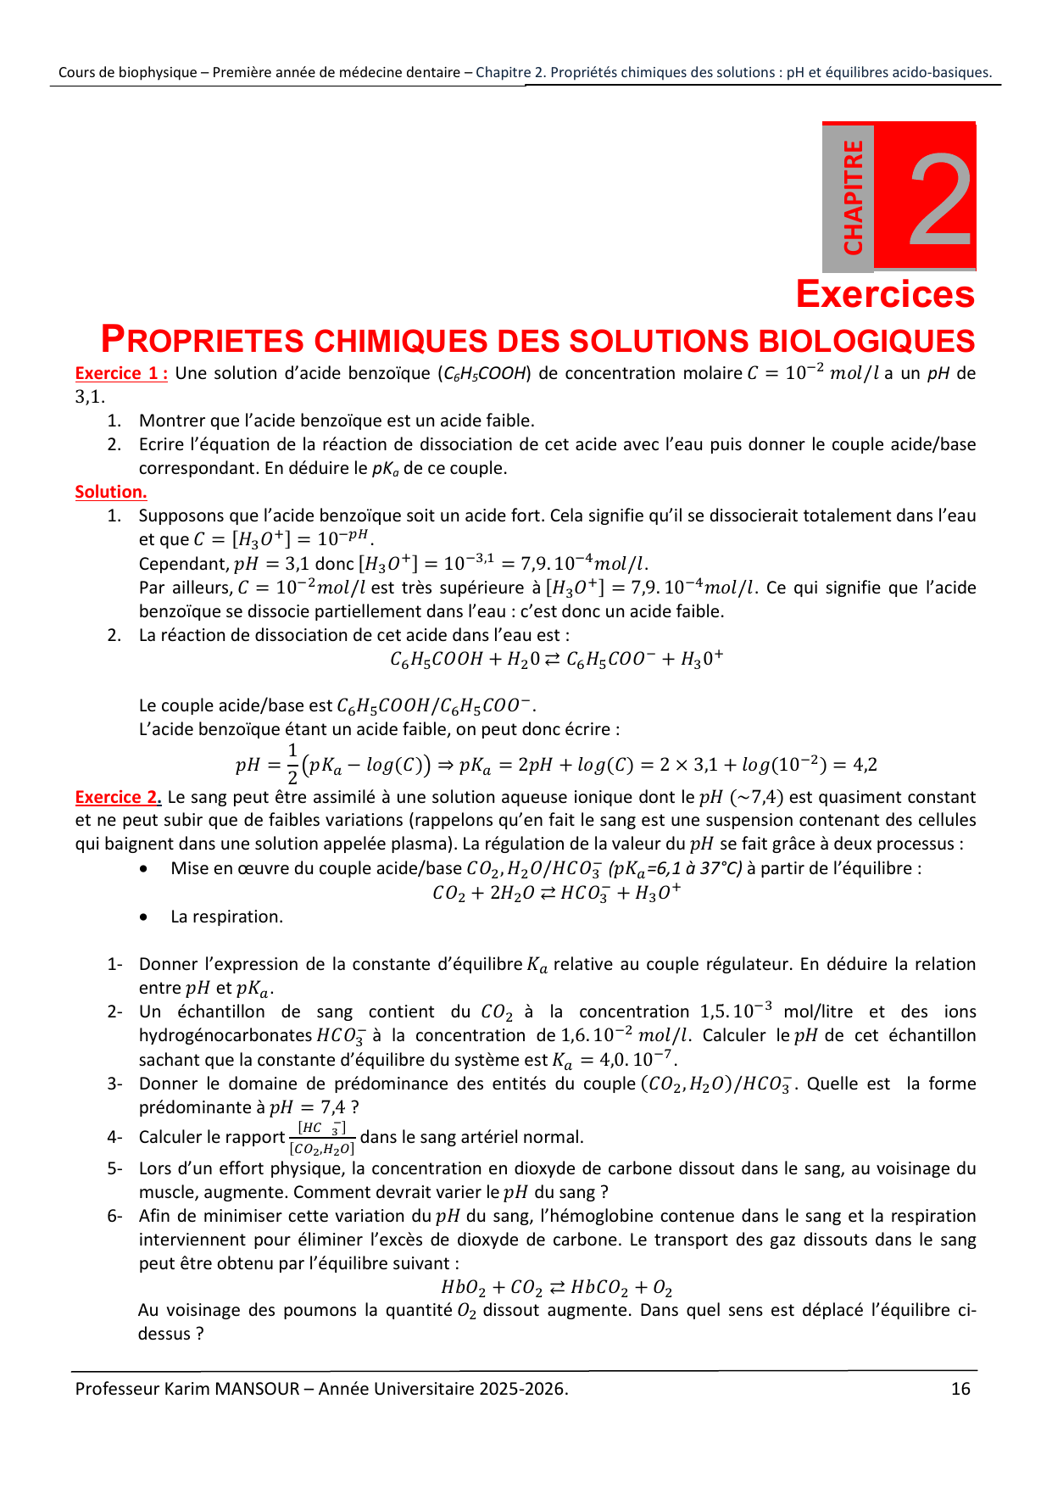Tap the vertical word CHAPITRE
pyautogui.click(x=853, y=198)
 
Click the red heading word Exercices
pyautogui.click(x=885, y=295)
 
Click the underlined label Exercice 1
pyautogui.click(x=120, y=374)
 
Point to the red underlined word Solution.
pyautogui.click(x=110, y=492)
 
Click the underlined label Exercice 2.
pyautogui.click(x=118, y=797)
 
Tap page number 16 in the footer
pyautogui.click(x=960, y=1389)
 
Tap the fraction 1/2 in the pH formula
pyautogui.click(x=292, y=764)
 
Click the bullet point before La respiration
pyautogui.click(x=147, y=917)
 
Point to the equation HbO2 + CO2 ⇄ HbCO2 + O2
pyautogui.click(x=556, y=1288)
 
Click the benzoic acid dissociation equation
pyautogui.click(x=556, y=659)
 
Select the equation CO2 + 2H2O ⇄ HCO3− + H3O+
pyautogui.click(x=556, y=893)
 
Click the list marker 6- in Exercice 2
pyautogui.click(x=114, y=1216)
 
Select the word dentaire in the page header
pyautogui.click(x=432, y=73)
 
